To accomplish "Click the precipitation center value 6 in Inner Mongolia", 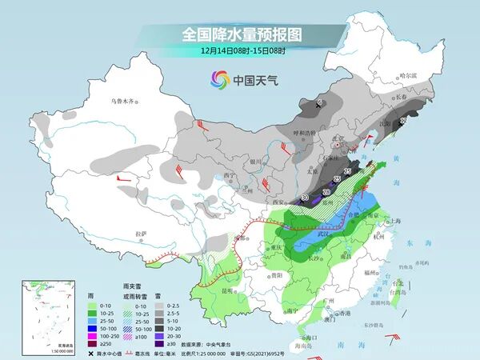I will pyautogui.click(x=319, y=103).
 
